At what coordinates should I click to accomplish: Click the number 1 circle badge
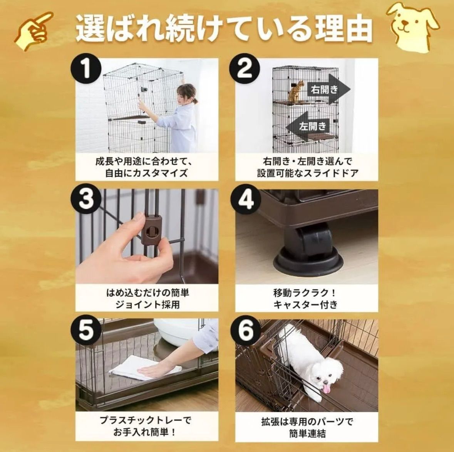tap(86, 70)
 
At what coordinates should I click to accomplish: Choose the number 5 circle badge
tap(86, 330)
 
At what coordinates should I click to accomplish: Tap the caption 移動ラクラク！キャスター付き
tap(306, 299)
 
